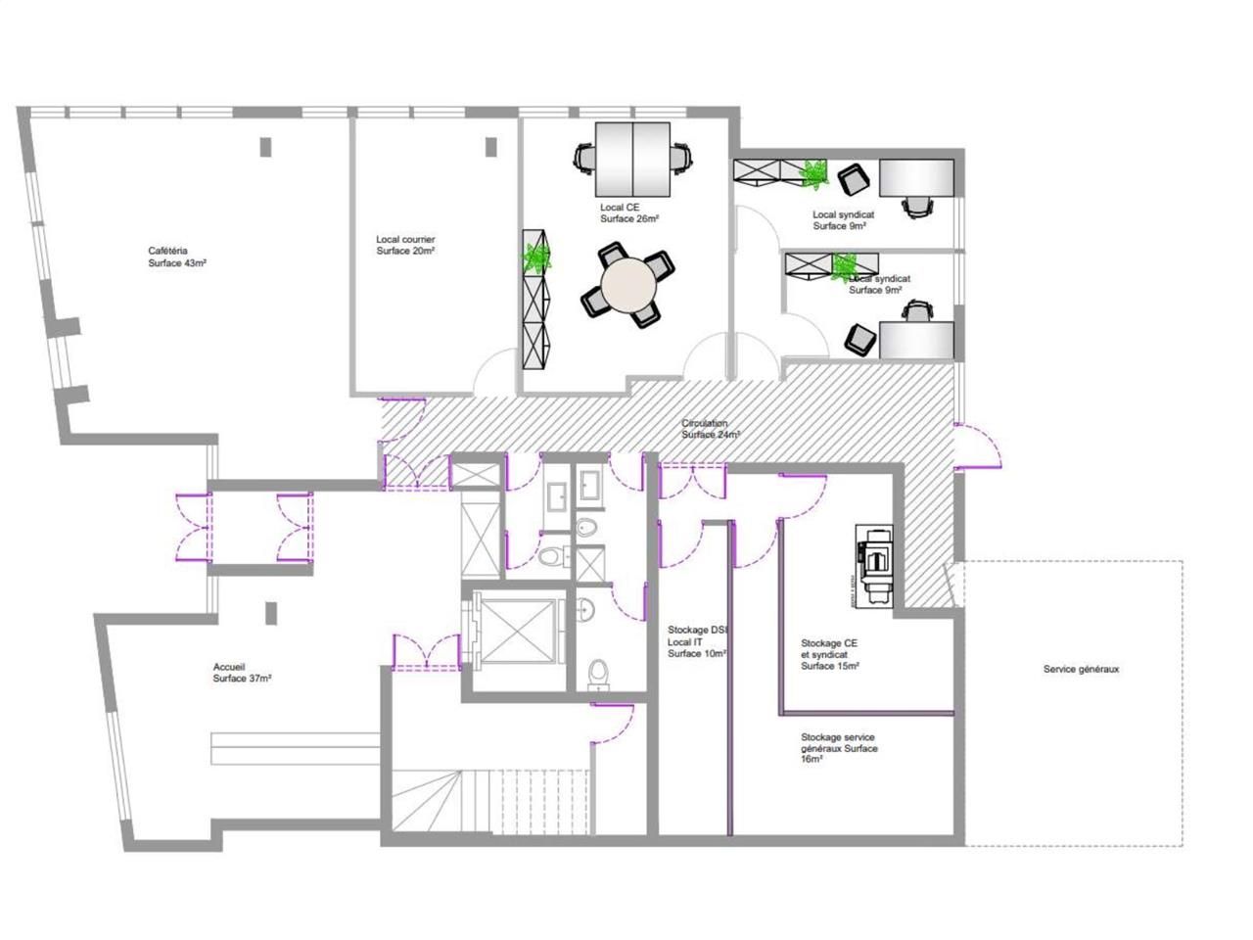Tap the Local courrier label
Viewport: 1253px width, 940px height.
(405, 245)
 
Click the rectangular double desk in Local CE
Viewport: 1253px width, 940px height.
(632, 159)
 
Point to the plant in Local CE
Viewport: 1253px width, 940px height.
(535, 257)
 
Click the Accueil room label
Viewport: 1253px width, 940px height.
(242, 673)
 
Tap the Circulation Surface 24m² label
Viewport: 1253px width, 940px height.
(711, 429)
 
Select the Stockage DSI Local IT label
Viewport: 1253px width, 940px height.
(696, 641)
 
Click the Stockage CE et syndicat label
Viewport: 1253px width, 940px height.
(830, 655)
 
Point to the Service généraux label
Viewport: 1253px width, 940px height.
(1081, 670)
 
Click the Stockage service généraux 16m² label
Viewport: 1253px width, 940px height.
(838, 748)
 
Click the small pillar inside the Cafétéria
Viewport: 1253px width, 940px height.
(265, 147)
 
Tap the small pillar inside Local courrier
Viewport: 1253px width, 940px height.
(491, 146)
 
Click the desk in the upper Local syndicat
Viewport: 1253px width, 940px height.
(916, 178)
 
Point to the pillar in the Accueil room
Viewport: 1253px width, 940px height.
(271, 613)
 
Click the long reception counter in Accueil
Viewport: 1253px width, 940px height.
(295, 748)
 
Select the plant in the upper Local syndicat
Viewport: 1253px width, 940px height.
(813, 174)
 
